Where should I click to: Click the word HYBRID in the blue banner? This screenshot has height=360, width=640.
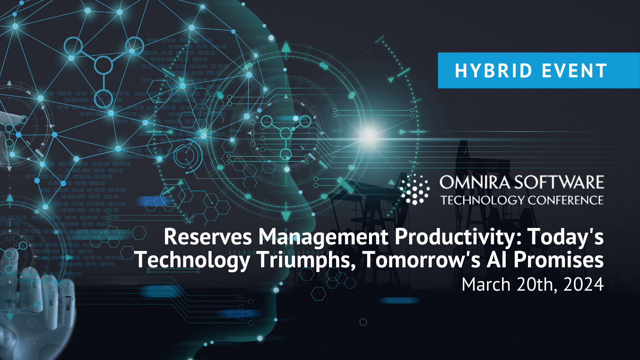[493, 71]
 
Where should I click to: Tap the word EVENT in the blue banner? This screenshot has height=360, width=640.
[574, 71]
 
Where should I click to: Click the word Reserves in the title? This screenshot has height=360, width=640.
[208, 237]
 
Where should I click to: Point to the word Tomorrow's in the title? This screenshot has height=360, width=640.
[422, 259]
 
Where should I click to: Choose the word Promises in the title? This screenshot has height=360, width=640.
[559, 259]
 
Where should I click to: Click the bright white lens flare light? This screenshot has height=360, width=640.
[369, 135]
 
